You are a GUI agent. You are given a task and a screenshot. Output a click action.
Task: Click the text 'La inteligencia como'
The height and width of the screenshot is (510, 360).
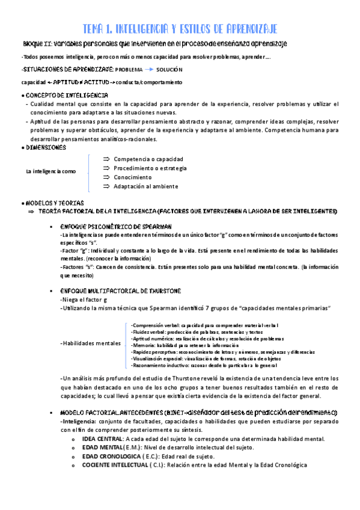coord(50,171)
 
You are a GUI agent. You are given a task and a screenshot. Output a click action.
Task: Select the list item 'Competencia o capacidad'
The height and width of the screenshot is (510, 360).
coord(148,159)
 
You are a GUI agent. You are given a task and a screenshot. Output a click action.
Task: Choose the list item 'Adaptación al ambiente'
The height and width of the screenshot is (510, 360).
coord(145,186)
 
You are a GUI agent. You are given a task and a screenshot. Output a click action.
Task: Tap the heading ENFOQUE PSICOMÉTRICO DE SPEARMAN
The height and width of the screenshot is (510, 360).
coord(117,225)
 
